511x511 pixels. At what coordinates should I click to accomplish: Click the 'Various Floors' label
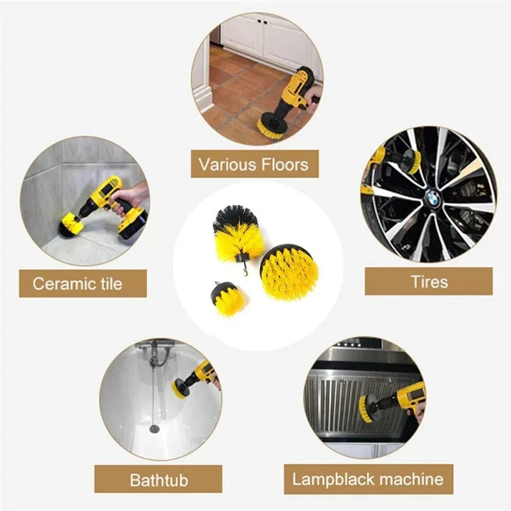point(254,164)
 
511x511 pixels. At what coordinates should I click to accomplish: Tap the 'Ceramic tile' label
point(77,283)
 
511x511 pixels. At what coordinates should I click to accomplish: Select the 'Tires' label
point(429,281)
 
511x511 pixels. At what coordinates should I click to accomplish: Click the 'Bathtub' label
point(158,479)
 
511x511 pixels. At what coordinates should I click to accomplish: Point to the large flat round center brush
point(289,273)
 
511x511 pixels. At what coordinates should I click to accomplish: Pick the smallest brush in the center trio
point(228,299)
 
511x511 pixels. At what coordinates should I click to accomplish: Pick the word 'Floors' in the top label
point(278,164)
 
